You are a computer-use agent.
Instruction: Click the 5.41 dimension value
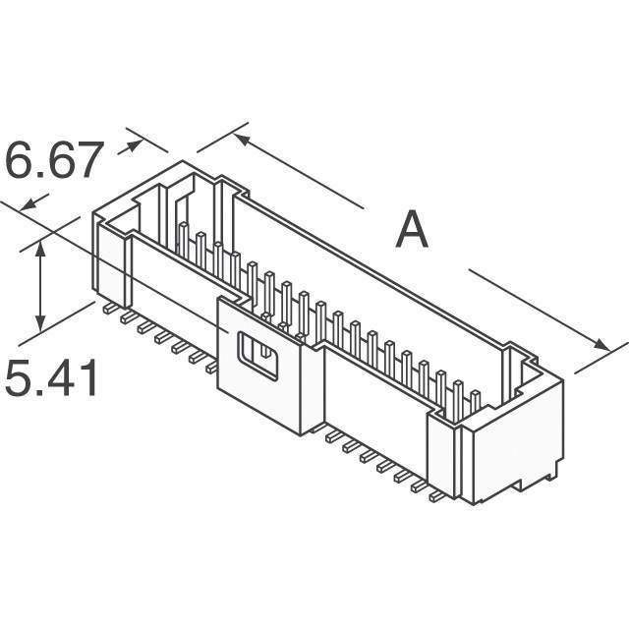51,377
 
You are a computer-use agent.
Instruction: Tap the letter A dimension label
412,230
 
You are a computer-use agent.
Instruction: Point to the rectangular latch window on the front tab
257,356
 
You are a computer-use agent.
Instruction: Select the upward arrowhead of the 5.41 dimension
40,250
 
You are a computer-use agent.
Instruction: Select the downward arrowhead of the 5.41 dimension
40,322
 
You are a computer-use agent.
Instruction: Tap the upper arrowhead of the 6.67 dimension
135,145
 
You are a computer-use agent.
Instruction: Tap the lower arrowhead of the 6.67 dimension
29,204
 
